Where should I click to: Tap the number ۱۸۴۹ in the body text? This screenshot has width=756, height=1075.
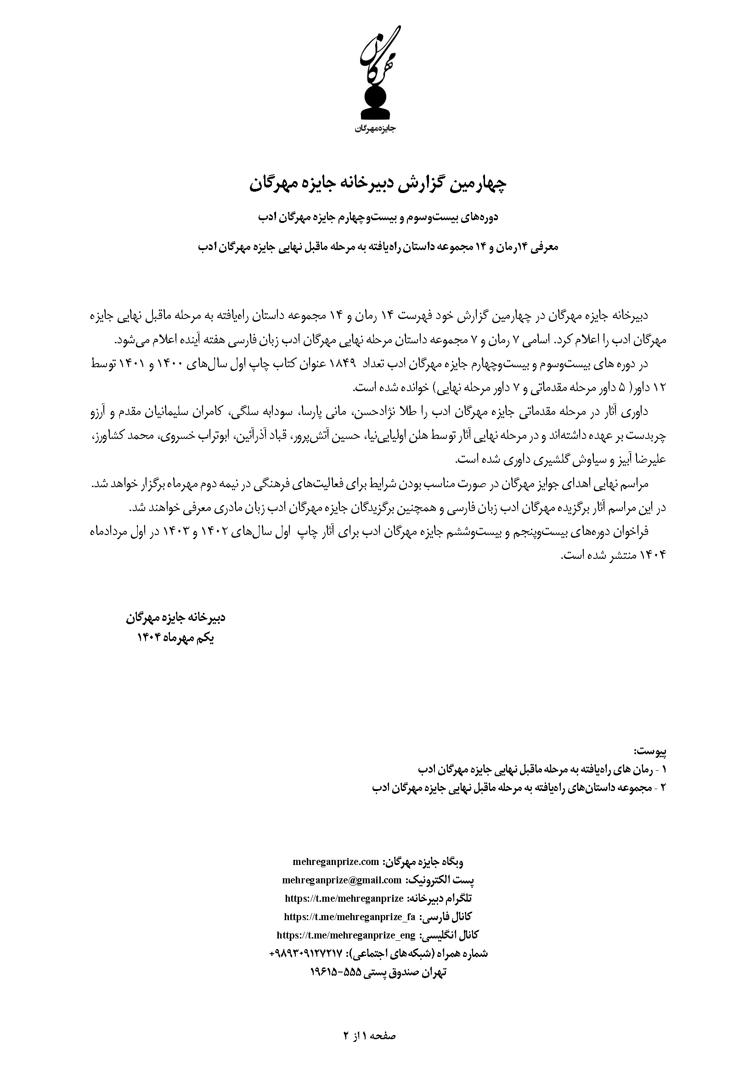point(344,364)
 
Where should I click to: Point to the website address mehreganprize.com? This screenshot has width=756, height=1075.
point(335,862)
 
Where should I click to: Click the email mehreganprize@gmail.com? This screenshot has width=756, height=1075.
point(342,880)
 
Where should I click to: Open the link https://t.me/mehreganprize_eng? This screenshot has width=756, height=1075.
point(346,934)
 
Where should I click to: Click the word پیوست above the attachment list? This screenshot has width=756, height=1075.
point(650,751)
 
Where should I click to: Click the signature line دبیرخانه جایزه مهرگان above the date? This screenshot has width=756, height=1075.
point(175,618)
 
